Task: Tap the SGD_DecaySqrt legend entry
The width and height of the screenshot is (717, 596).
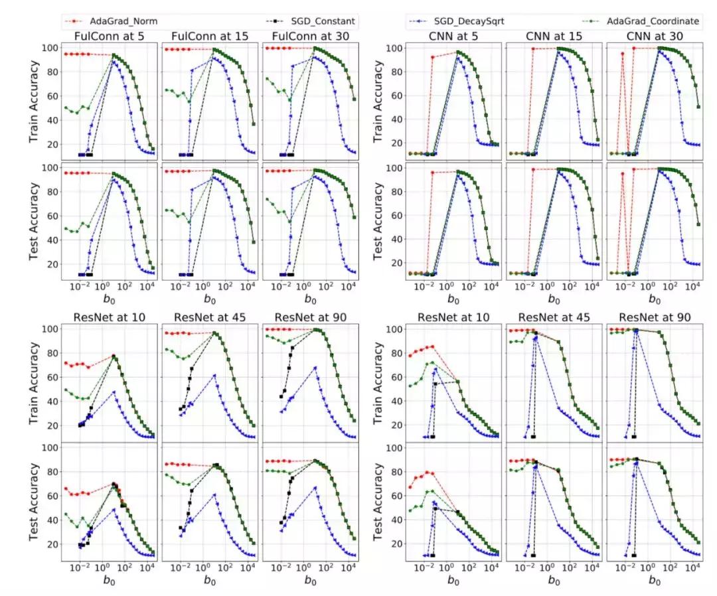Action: (472, 21)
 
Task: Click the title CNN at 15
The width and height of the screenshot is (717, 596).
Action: (554, 35)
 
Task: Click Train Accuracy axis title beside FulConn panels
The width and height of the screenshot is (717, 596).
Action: (34, 100)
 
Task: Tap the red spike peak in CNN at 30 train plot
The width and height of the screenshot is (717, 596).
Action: (622, 54)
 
